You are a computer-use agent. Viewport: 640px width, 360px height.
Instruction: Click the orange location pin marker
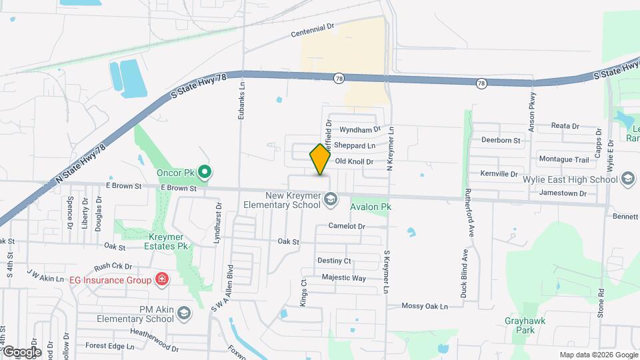click(x=320, y=159)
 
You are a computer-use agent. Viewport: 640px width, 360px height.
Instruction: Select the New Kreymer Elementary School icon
click(x=329, y=199)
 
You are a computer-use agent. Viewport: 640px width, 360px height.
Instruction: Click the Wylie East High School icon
click(x=627, y=179)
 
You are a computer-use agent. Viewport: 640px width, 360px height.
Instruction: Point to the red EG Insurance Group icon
click(x=161, y=279)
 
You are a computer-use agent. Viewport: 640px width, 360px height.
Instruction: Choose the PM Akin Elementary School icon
click(x=184, y=313)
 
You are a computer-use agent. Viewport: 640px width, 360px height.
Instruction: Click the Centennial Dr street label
click(x=312, y=30)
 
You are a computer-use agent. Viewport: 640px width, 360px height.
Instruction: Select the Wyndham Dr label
click(x=359, y=129)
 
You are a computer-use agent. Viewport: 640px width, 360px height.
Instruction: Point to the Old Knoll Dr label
click(x=353, y=161)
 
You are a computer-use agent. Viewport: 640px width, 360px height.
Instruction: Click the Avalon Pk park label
click(x=370, y=207)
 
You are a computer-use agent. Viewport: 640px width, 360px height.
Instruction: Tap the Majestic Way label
click(x=343, y=277)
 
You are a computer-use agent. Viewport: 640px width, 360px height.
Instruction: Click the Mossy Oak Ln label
click(x=424, y=306)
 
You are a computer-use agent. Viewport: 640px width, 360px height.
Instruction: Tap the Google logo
click(x=22, y=352)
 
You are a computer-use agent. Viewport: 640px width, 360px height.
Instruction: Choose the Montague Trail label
click(x=564, y=159)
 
